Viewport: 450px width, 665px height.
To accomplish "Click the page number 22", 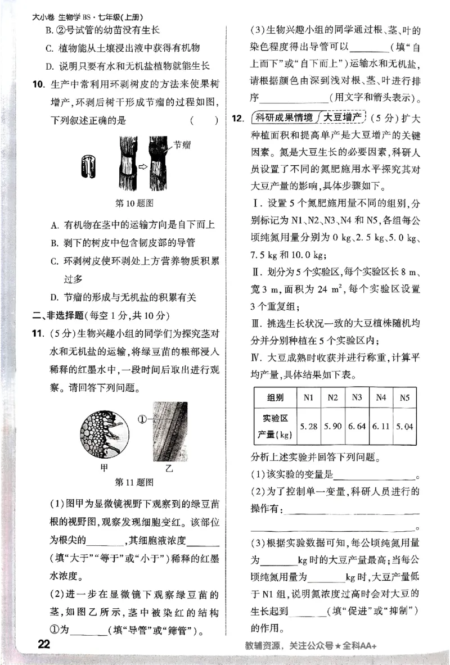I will click(x=43, y=644).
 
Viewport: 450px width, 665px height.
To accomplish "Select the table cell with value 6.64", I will click(x=357, y=427).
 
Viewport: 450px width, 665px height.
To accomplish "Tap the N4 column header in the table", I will click(x=381, y=398).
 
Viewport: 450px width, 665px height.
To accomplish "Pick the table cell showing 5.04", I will click(x=404, y=427).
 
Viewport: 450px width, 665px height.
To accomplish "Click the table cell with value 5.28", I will click(x=308, y=427).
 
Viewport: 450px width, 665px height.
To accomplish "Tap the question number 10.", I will click(x=38, y=85).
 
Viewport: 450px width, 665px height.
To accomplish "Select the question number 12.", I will click(x=237, y=118).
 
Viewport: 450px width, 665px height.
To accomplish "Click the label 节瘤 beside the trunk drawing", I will click(x=182, y=145).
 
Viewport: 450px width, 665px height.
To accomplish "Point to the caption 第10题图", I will click(x=134, y=202).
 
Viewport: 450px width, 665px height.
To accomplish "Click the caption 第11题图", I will click(x=134, y=482).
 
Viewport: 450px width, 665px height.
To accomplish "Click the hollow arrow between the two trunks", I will click(x=143, y=166).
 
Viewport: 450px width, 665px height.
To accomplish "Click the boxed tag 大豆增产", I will click(x=341, y=118).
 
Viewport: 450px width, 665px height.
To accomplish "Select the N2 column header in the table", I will click(x=332, y=398).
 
